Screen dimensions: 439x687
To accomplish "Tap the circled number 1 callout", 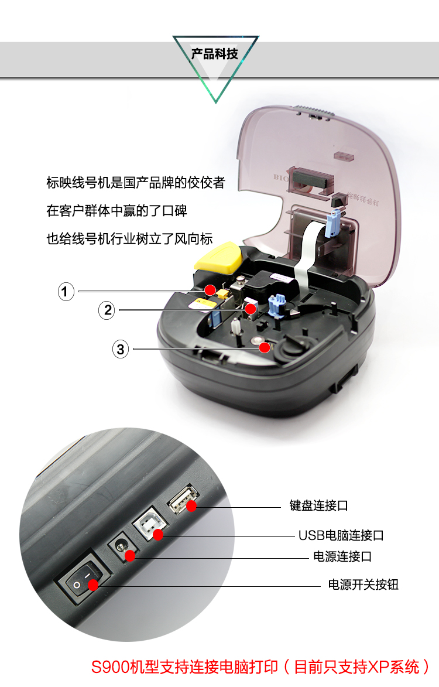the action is pyautogui.click(x=66, y=291).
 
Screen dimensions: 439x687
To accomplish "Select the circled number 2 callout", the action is pyautogui.click(x=107, y=310).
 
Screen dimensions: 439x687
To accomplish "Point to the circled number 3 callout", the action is pyautogui.click(x=121, y=349).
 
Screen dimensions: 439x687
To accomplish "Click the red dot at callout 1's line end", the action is pyautogui.click(x=210, y=290).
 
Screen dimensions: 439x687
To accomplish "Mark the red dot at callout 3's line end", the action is pyautogui.click(x=265, y=347).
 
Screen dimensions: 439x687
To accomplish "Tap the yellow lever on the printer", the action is pyautogui.click(x=218, y=257).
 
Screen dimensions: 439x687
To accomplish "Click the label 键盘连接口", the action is pyautogui.click(x=318, y=505).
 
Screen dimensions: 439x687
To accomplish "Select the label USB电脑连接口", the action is pyautogui.click(x=341, y=535).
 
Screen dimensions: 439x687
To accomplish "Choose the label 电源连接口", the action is pyautogui.click(x=342, y=556).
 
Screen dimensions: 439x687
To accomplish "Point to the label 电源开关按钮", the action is pyautogui.click(x=363, y=585).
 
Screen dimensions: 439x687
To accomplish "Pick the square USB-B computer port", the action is pyautogui.click(x=150, y=524).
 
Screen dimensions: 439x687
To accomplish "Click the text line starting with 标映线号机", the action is pyautogui.click(x=136, y=182).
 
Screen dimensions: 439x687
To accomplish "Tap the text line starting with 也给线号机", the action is pyautogui.click(x=129, y=239).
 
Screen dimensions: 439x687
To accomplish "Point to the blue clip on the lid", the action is pyautogui.click(x=334, y=221).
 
